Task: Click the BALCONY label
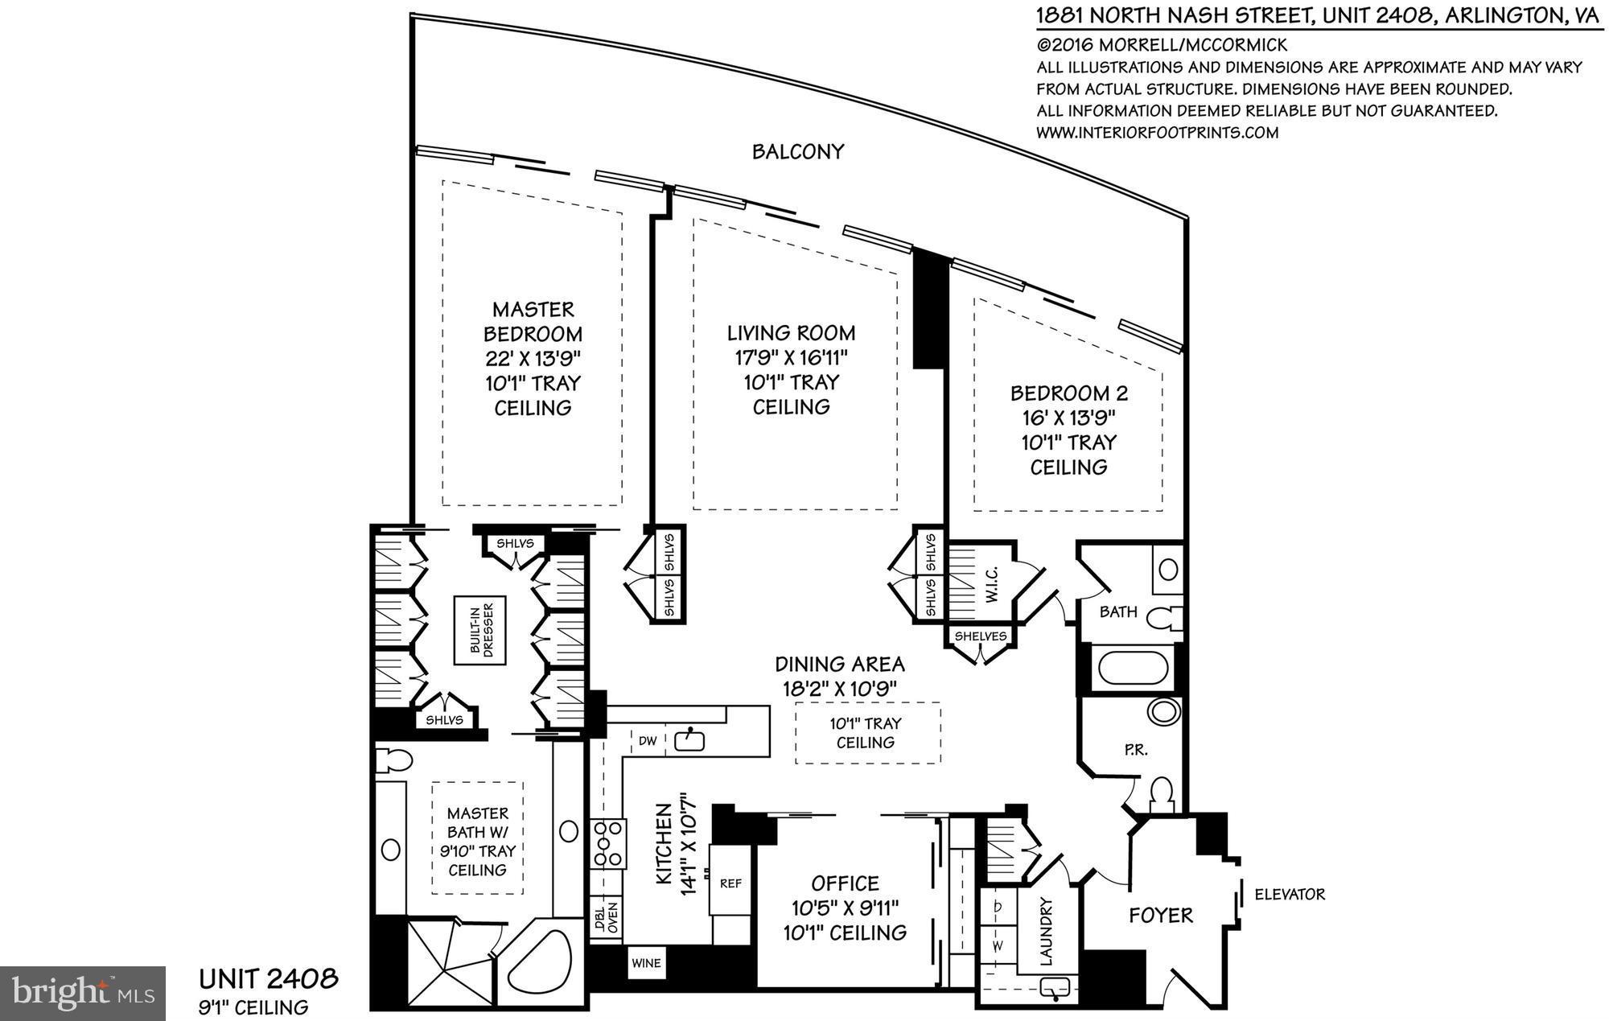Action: click(797, 151)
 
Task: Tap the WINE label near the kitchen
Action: click(646, 962)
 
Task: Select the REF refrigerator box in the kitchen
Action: click(730, 883)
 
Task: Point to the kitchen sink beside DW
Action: click(689, 739)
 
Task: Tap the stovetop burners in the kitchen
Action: click(608, 843)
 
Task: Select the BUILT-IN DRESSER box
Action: click(479, 630)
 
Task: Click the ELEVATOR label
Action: click(1289, 894)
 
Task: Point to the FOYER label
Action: click(1160, 915)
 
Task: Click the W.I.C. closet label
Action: click(990, 583)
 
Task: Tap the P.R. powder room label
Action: click(1135, 750)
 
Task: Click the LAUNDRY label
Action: click(1045, 931)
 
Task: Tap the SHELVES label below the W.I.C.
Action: click(980, 636)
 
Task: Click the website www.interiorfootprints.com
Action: click(1157, 133)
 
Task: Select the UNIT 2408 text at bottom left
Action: click(268, 979)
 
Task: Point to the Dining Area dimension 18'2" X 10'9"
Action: click(839, 689)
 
